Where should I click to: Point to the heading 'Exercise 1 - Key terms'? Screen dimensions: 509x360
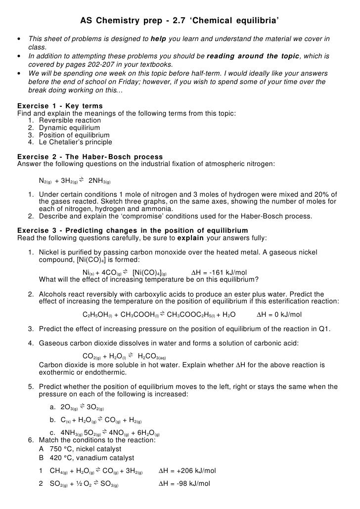[x=60, y=106]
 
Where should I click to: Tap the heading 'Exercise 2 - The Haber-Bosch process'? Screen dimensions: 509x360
[x=90, y=157]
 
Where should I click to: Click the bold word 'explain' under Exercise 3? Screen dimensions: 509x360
[x=190, y=238]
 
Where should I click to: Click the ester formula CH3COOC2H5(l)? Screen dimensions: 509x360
[x=194, y=314]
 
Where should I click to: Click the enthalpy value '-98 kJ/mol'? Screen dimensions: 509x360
[x=190, y=483]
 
